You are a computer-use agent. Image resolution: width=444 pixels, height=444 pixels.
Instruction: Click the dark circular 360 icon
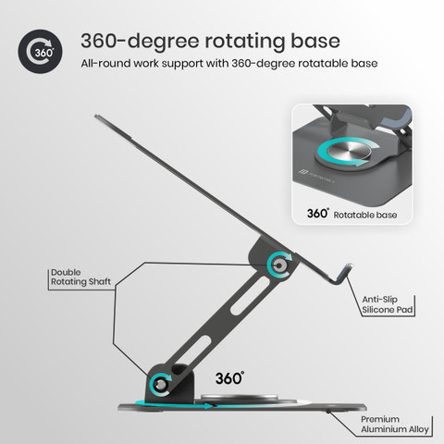pos(40,52)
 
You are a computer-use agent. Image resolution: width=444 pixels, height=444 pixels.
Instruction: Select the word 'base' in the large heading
pos(315,41)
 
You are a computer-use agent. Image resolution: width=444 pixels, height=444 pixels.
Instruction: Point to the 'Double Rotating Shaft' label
pos(80,277)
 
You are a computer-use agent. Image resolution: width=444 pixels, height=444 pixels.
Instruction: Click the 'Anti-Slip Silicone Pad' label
pos(388,304)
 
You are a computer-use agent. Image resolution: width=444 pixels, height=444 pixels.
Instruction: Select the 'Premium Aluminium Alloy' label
pos(395,425)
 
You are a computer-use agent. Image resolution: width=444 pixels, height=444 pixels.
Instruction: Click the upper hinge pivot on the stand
pos(279,265)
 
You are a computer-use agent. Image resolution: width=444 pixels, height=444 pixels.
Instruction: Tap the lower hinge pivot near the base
pos(161,384)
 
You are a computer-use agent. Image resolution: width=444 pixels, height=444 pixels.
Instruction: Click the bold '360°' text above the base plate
pos(229,378)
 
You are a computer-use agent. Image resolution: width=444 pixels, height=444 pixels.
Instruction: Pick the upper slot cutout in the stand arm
pos(251,295)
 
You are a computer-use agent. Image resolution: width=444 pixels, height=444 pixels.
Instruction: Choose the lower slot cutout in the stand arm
pos(192,353)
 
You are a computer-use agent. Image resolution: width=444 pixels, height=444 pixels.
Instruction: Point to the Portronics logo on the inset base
pos(316,176)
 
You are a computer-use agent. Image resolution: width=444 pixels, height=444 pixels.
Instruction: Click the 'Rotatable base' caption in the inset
pos(365,215)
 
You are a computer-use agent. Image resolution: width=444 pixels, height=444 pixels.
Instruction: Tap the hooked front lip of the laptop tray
pos(344,274)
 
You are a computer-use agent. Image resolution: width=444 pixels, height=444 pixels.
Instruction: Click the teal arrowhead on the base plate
pos(209,406)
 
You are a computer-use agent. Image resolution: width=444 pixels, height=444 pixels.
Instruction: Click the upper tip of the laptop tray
pos(96,117)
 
